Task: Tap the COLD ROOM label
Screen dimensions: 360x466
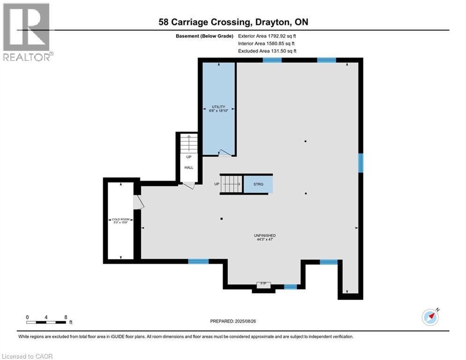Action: coord(120,220)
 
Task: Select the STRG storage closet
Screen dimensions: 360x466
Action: coord(258,184)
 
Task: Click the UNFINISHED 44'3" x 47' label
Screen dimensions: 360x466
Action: coord(265,238)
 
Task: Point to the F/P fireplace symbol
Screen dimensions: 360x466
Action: coord(263,284)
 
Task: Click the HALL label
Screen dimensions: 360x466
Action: coord(189,167)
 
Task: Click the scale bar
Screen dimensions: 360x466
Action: coord(46,322)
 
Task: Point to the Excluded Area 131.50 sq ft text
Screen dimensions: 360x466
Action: coord(267,51)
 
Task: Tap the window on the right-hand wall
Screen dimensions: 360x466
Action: coord(361,163)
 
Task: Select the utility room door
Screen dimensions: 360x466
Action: coord(224,152)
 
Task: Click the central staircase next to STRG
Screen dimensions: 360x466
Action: coord(231,184)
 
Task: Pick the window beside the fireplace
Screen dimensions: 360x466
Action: coord(290,287)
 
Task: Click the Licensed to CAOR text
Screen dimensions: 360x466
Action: coord(27,356)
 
